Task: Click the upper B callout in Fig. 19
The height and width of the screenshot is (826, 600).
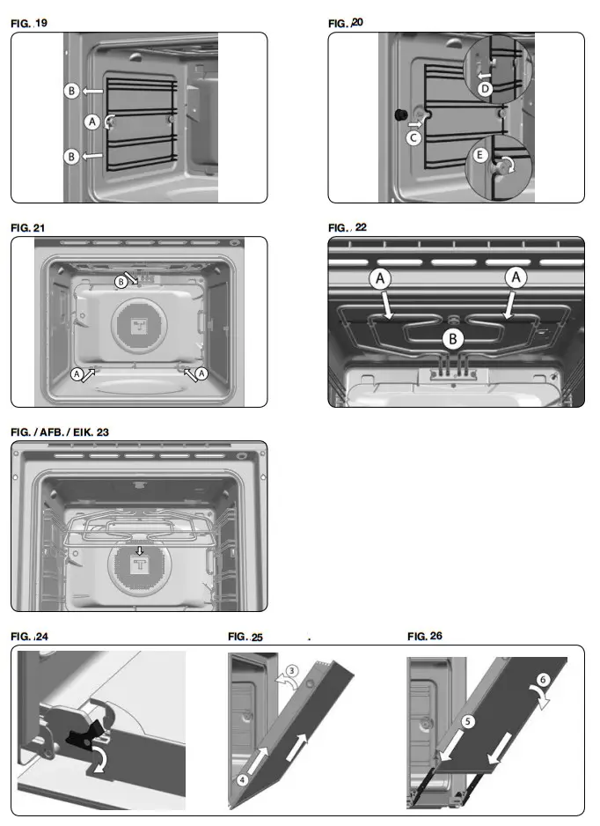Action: pyautogui.click(x=72, y=90)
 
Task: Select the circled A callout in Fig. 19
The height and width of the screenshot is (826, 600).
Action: pyautogui.click(x=91, y=122)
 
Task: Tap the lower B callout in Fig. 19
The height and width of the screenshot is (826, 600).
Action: pyautogui.click(x=72, y=156)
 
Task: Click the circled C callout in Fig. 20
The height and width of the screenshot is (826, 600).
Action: pyautogui.click(x=413, y=137)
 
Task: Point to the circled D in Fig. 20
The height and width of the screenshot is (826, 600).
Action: pyautogui.click(x=483, y=88)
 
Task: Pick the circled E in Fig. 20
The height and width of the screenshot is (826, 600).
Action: pyautogui.click(x=480, y=154)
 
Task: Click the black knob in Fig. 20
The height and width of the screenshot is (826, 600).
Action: pyautogui.click(x=400, y=114)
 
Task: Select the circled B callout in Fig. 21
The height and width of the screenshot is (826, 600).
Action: pyautogui.click(x=121, y=281)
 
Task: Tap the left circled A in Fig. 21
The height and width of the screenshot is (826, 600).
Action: pyautogui.click(x=77, y=373)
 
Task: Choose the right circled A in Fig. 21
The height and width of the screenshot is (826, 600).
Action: pyautogui.click(x=202, y=373)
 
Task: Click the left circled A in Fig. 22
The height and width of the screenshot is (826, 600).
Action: pyautogui.click(x=381, y=278)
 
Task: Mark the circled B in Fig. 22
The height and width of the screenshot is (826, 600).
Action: pyautogui.click(x=451, y=336)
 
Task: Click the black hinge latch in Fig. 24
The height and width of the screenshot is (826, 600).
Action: pyautogui.click(x=84, y=729)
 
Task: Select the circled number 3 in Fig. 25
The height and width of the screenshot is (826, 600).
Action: pyautogui.click(x=293, y=670)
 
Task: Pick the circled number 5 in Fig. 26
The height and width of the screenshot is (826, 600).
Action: pyautogui.click(x=468, y=721)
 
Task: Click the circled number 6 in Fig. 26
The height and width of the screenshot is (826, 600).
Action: pyautogui.click(x=544, y=680)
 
